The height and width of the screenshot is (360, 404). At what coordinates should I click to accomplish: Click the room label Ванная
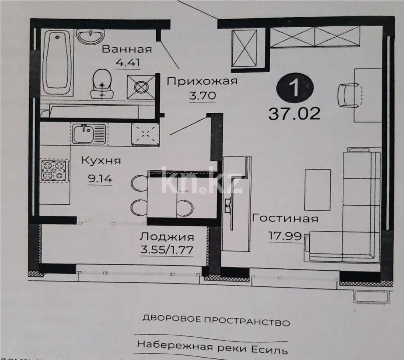click(x=127, y=49)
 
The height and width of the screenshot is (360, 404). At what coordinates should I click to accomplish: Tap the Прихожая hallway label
click(x=202, y=82)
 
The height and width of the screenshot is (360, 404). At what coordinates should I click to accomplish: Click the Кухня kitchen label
click(x=101, y=161)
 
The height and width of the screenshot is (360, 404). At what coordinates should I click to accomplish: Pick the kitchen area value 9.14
click(x=100, y=179)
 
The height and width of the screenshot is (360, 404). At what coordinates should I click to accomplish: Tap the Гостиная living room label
click(x=285, y=219)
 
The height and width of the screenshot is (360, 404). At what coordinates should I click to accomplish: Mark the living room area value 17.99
click(x=285, y=236)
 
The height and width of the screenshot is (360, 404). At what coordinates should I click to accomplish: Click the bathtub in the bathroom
click(x=57, y=62)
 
